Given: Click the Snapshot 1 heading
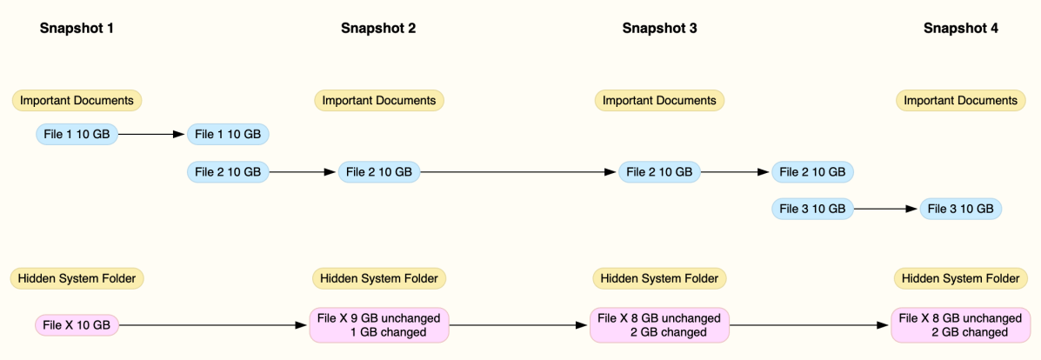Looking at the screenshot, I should pos(77,28).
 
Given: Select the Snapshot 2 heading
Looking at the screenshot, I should pos(377,28).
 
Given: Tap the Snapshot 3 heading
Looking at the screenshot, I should pos(659,28).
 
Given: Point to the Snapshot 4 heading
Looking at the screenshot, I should pos(960,28).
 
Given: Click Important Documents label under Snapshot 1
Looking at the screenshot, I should pos(77,100).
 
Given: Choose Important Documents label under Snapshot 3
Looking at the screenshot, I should pos(659,100).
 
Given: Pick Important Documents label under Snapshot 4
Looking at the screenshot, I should pos(960,100).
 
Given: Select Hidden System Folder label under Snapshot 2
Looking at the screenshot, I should pos(379,278).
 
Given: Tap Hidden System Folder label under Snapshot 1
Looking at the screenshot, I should pos(77,278).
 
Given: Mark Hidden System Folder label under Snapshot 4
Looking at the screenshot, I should pos(960,278).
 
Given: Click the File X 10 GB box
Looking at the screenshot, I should pos(77,325).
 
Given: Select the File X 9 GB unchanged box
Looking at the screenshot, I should pos(379,325).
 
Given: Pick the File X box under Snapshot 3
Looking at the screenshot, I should pos(659,325).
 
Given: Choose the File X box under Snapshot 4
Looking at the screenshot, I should pos(960,325).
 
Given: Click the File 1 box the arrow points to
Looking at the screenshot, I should pos(228,134).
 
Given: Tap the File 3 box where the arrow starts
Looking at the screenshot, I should pos(812,209).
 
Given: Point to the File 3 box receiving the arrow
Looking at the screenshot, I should pos(961,209).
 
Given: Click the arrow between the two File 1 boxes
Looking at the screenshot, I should pos(152,134).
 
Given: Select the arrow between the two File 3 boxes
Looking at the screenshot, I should pos(886,209).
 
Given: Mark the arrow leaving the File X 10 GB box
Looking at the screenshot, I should pos(213,325).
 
